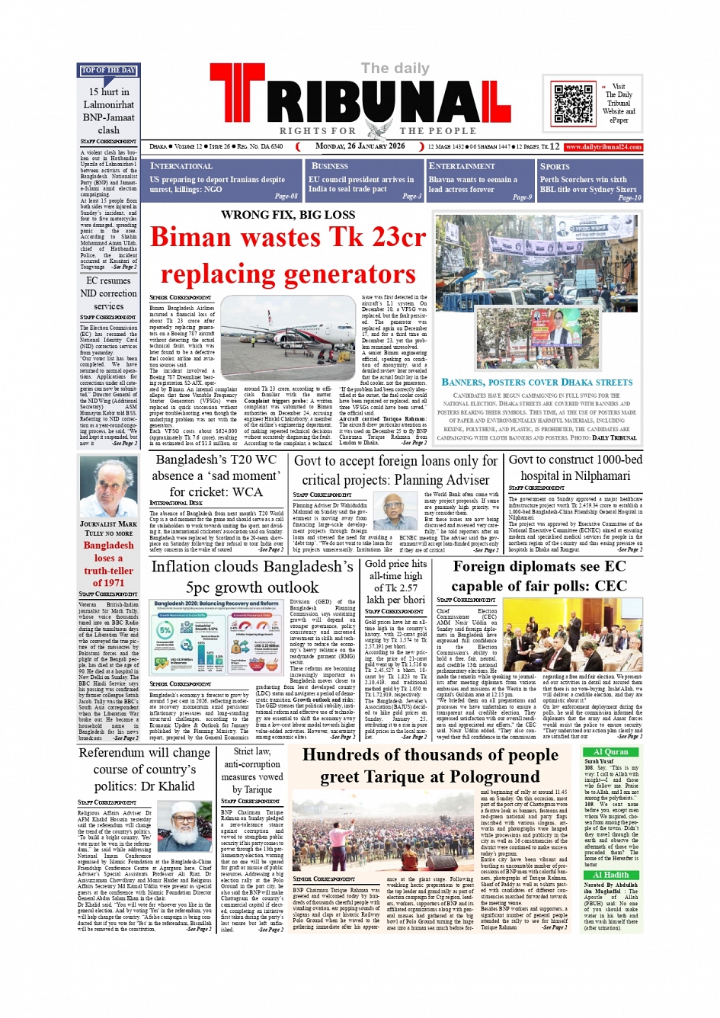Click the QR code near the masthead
tap(573, 104)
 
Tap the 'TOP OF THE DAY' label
tap(108, 71)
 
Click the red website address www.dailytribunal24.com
tap(603, 147)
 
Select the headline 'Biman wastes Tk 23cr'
tap(288, 238)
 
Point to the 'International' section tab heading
tap(181, 165)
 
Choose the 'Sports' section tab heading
tap(555, 166)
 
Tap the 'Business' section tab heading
tap(330, 165)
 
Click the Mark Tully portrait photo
tap(108, 487)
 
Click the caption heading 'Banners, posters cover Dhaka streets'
tap(537, 382)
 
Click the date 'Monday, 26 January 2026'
tap(360, 146)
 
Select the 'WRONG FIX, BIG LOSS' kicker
tap(288, 215)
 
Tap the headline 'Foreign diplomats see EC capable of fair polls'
tap(539, 576)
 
